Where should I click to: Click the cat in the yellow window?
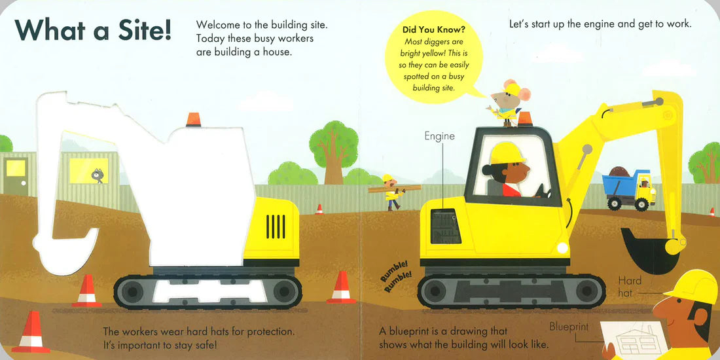click(98, 175)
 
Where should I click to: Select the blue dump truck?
click(629, 188)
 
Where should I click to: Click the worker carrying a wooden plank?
click(391, 192)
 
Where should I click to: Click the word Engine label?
click(439, 136)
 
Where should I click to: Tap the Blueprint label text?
click(569, 327)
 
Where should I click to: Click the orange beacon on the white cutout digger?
click(193, 119)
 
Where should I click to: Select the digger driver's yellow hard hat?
click(507, 153)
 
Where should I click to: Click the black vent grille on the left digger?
click(276, 226)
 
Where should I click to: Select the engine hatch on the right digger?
click(445, 226)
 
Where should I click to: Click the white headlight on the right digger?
click(562, 247)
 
